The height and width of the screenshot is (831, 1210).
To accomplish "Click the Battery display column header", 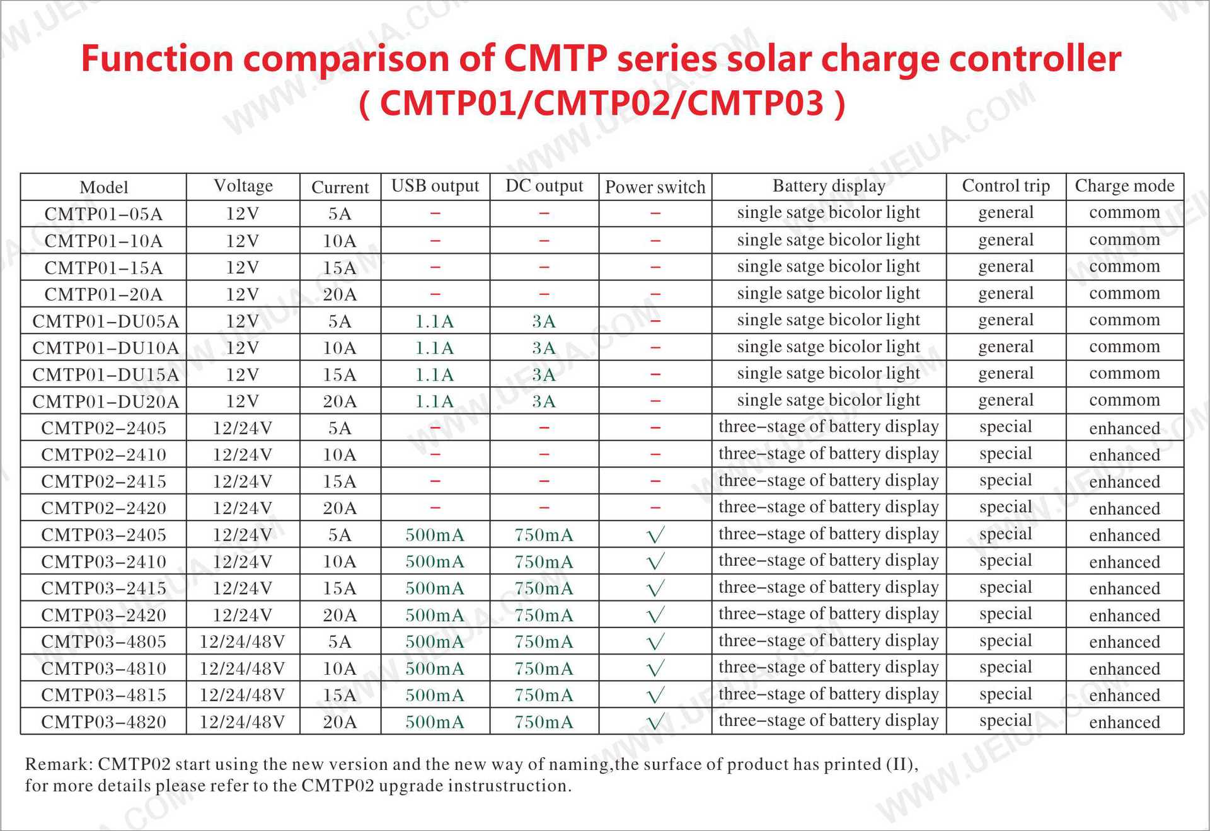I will point(828,186).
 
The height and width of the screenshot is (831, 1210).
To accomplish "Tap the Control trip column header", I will point(1005,186).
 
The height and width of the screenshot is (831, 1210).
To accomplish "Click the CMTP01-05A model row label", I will point(103,214).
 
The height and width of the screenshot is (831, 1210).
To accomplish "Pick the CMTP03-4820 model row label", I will point(103,722).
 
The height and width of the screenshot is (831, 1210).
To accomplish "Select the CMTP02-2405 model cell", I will point(103,428).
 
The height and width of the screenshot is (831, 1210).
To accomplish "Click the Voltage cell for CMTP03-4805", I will point(242,642).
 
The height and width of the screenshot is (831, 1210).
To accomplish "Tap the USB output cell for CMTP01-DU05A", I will point(434,322).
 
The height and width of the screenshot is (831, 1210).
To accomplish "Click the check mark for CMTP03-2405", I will point(655,536).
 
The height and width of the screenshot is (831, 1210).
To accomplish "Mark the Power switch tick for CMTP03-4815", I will point(655,696).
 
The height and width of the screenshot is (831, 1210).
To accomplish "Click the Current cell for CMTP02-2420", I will point(340,508).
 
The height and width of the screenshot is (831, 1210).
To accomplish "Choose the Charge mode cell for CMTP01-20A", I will point(1124,294).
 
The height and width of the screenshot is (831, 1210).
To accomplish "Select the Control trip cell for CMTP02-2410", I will point(1005,454).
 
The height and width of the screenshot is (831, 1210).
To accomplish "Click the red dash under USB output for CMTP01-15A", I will point(435,267).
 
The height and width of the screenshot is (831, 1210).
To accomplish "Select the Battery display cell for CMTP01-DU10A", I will point(828,347).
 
